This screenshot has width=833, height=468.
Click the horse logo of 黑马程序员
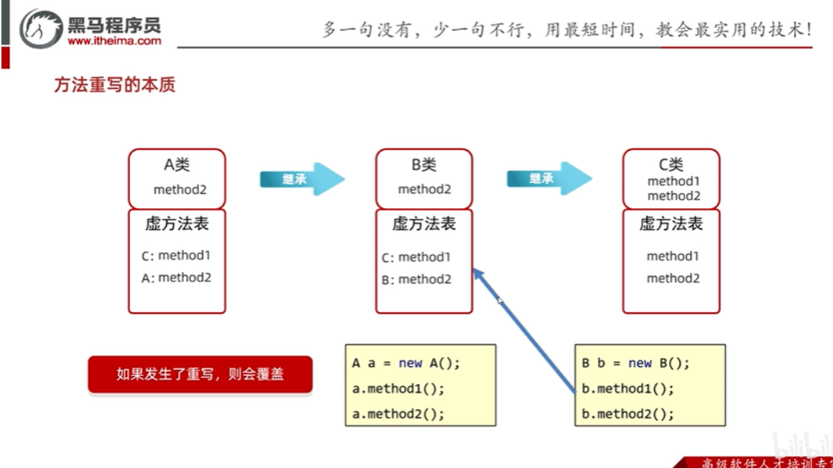pos(40,29)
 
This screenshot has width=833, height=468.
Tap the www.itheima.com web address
pos(114,41)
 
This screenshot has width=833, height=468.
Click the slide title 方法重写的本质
pos(115,85)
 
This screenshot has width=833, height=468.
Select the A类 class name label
pos(177,164)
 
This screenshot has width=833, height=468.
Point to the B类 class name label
pos(424,164)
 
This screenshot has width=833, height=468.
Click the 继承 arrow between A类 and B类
pos(301,179)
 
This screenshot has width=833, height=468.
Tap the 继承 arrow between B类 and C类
pos(548,179)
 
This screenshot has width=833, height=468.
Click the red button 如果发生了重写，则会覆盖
pos(200,374)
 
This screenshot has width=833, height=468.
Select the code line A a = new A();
pos(405,363)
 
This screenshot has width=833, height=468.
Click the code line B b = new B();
pos(635,363)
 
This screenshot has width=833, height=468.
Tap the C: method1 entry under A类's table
pos(176,256)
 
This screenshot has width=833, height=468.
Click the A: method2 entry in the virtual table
pos(176,278)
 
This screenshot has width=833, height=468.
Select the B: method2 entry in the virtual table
pos(416,280)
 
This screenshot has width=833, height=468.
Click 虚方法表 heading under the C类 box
pos(671,224)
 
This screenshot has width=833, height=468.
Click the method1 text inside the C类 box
pos(673,181)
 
